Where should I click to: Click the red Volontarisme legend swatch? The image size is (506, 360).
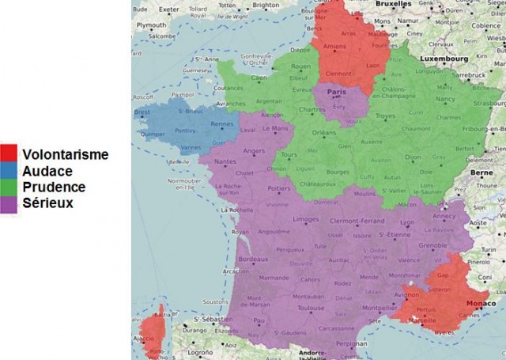coord(10,153)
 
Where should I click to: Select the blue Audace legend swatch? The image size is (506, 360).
coord(10,170)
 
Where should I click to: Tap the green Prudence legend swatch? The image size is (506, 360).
coord(10,187)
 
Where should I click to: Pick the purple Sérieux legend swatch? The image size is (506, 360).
coord(10,203)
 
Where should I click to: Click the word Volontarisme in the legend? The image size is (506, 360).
coord(66,154)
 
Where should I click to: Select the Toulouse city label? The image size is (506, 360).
coord(311,308)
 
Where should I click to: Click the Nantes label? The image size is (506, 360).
coord(225,161)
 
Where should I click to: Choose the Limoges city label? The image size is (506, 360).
coord(305,219)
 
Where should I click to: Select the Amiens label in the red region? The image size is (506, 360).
coord(335,46)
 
